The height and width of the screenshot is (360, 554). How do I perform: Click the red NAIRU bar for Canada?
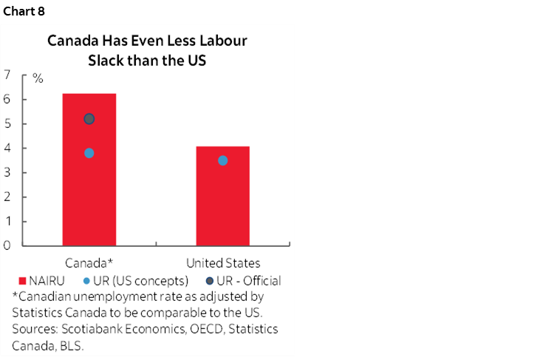coord(89,200)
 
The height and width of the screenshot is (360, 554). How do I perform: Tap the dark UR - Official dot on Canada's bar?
coord(89,119)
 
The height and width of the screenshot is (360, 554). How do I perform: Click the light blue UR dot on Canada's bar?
coord(89,153)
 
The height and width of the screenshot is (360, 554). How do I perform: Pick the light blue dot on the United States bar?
coord(222,160)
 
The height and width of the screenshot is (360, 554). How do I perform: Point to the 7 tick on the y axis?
coord(7,75)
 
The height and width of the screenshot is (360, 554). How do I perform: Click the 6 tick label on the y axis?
coord(7,99)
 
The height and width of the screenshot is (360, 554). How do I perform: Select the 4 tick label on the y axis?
coord(7,148)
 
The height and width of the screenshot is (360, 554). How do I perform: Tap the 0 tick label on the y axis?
coord(7,245)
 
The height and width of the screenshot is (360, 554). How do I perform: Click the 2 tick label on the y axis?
coord(7,197)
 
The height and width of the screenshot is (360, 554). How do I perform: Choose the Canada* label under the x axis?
coord(89,263)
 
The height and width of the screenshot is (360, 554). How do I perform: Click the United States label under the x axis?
coord(223,263)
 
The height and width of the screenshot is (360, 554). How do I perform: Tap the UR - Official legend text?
coord(247,281)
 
